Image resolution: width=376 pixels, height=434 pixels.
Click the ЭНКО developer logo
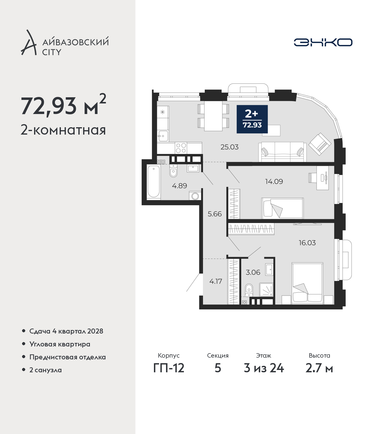323,42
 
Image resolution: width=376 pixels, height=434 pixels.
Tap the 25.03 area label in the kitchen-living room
229,147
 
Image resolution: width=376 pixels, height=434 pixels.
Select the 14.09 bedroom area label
274,181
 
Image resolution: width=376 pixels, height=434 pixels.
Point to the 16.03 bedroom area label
307,243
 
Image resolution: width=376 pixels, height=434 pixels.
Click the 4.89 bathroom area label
179,186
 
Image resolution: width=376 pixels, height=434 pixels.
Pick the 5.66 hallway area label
214,214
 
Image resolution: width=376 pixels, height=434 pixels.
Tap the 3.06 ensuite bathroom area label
253,272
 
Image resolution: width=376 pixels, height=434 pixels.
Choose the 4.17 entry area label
216,281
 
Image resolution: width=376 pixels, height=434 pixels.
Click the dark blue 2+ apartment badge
252,119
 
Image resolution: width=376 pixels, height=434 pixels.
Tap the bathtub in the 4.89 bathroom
154,182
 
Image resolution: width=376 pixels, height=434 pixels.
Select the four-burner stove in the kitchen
181,148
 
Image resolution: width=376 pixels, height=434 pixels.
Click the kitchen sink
163,136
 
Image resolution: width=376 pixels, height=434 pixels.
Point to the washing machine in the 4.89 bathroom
195,196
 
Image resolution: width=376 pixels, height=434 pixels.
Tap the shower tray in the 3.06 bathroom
266,290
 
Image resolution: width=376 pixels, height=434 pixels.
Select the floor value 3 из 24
264,368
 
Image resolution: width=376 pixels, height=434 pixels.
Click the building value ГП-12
169,368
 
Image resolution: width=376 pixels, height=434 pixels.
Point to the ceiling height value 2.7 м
319,368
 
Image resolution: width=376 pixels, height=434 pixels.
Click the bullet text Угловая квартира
60,344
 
